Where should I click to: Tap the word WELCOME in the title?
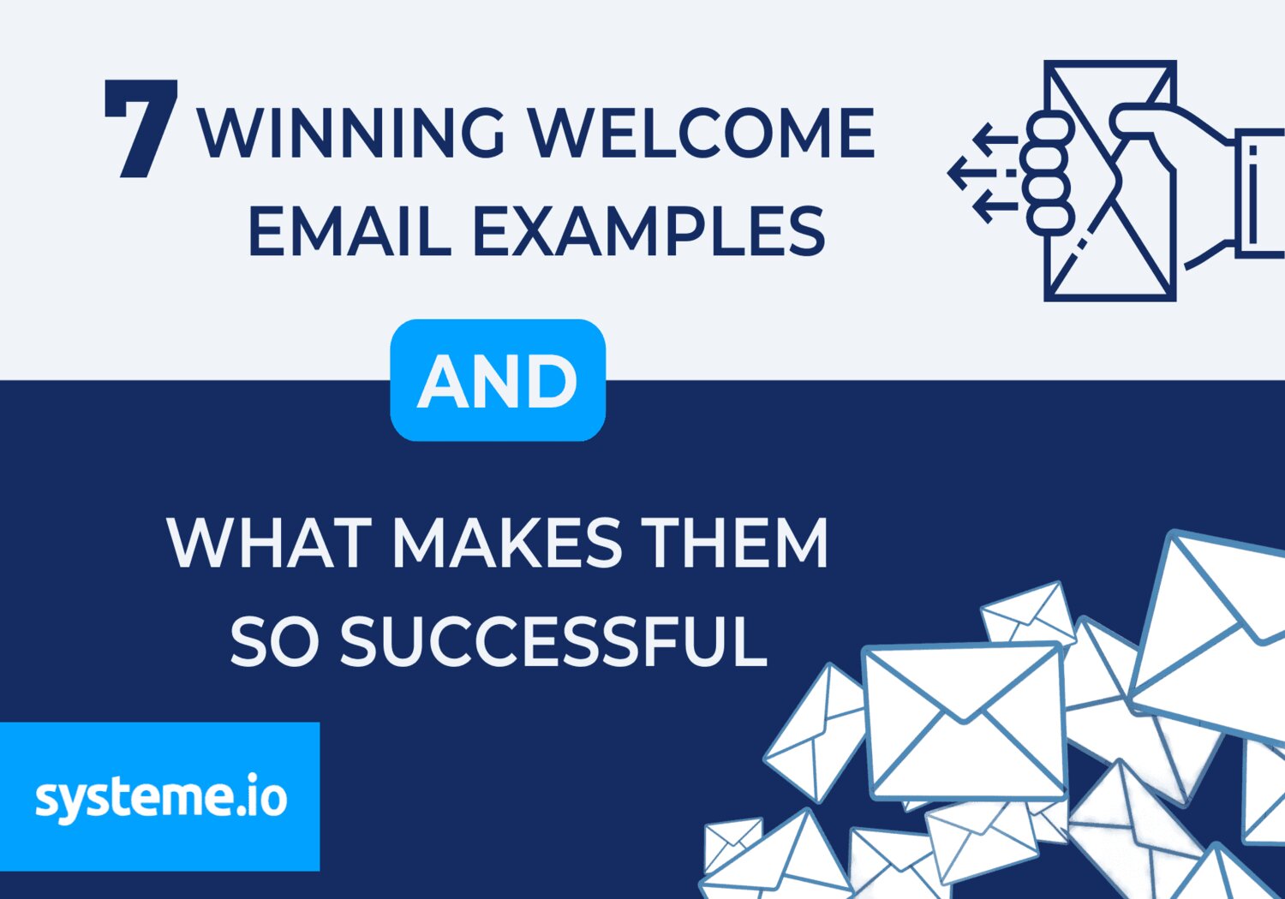coord(700,134)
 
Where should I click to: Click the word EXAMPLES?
coord(648,231)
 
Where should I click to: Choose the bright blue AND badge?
coord(498,380)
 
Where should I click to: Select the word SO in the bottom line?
coord(274,642)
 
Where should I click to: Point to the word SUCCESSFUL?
coord(553,642)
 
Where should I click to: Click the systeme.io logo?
coord(160,796)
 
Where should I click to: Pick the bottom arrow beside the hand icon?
coord(994,206)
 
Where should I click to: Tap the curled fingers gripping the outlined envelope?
coord(1049,171)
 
